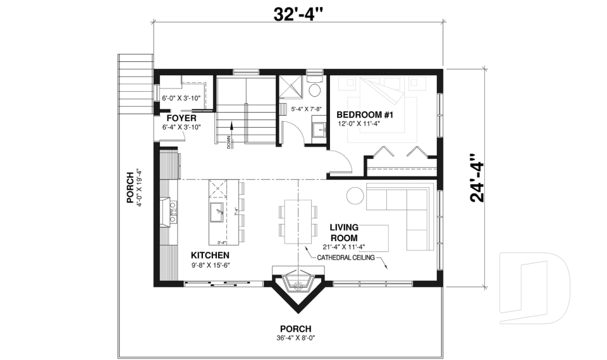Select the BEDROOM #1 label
point(365,115)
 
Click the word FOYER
point(181,118)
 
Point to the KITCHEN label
point(210,255)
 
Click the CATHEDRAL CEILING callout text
point(342,257)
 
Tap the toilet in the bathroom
point(315,88)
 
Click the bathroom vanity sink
point(318,130)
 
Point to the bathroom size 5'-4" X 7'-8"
point(306,109)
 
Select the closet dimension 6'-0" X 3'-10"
point(181,98)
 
